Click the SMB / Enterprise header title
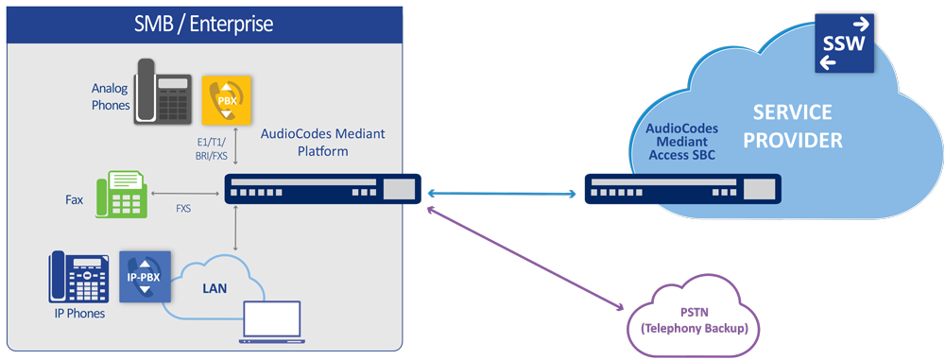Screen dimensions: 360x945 [x=201, y=21]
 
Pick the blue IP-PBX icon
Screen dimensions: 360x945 [x=145, y=275]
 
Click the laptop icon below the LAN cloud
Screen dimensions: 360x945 [x=271, y=323]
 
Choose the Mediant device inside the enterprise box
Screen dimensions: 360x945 [x=322, y=190]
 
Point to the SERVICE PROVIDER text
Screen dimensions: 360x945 [x=792, y=127]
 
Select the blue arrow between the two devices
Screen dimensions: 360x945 [x=502, y=195]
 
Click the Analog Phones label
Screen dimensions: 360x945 [x=110, y=96]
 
